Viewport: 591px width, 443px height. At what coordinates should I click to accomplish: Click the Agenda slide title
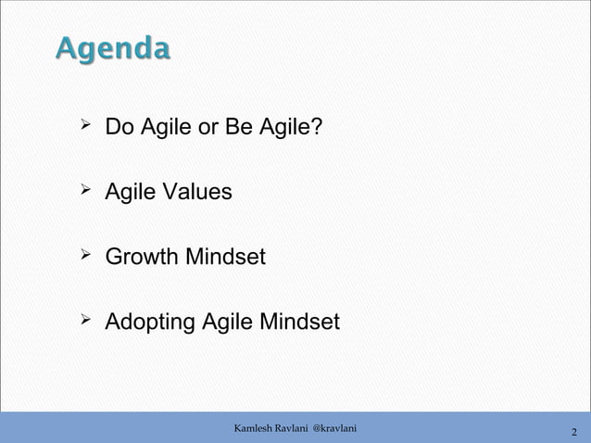coord(112,48)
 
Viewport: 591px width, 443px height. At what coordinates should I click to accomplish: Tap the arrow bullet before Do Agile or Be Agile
coord(83,123)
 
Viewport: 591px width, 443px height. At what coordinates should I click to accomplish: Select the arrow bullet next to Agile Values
coord(83,190)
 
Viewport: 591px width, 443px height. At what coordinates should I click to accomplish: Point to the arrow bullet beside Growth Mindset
coord(83,255)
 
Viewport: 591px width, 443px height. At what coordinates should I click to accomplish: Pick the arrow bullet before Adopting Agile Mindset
coord(83,321)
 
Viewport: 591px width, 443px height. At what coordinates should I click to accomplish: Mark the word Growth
coord(142,257)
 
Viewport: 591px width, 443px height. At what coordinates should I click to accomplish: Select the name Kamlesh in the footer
coord(253,427)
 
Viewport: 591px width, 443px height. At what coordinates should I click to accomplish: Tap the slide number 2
coord(574,432)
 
